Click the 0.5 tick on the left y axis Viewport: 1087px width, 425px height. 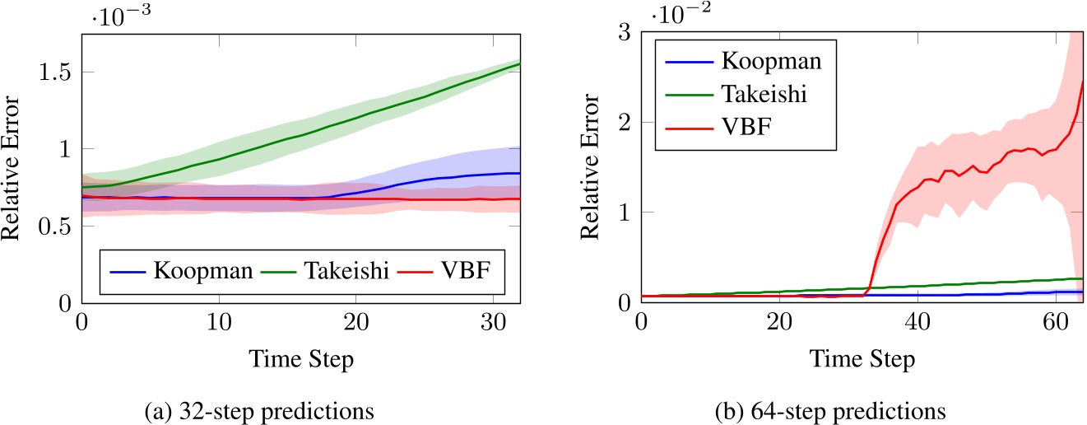[56, 226]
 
